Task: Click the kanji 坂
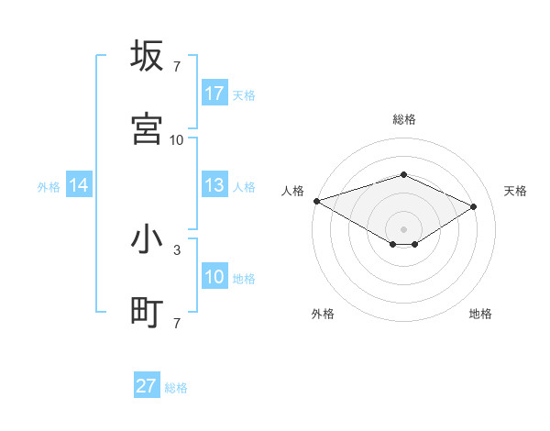coord(147,56)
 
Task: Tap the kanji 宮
coord(147,129)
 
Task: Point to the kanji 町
coord(147,313)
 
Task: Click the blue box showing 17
coord(214,94)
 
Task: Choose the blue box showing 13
coord(214,185)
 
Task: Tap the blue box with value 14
coord(79,185)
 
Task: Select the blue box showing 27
coord(147,386)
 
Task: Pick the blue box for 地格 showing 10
coord(214,277)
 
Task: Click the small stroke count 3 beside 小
coord(177,249)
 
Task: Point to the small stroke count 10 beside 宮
coord(177,139)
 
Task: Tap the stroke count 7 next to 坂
coord(177,66)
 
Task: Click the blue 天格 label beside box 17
coord(244,94)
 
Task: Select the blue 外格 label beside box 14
coord(49,186)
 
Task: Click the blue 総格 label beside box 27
coord(176,388)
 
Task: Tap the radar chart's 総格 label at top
coord(404,119)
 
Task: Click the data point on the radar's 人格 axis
coord(316,201)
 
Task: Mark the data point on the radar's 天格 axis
coord(474,207)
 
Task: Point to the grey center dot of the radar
coord(404,228)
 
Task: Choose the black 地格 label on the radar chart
coord(480,314)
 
